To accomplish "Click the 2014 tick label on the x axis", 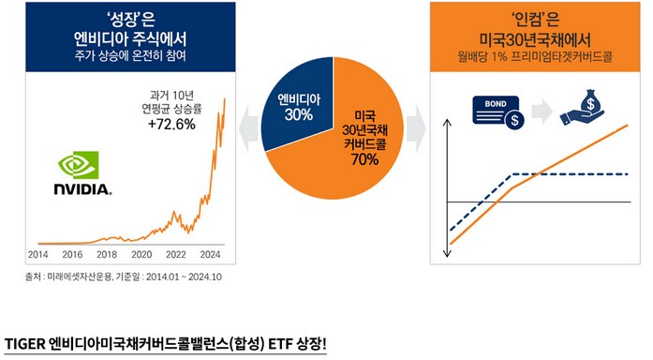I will pos(39,254).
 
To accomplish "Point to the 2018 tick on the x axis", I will pos(108,254).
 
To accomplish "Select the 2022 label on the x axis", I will pos(176,254).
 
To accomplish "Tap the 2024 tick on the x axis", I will pos(210,254).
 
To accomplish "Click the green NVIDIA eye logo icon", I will pos(78,164).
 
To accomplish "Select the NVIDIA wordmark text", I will pos(82,188).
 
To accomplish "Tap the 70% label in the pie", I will pos(365,158).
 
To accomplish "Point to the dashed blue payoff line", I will pos(562,174).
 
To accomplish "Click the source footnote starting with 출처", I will pos(123,277).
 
